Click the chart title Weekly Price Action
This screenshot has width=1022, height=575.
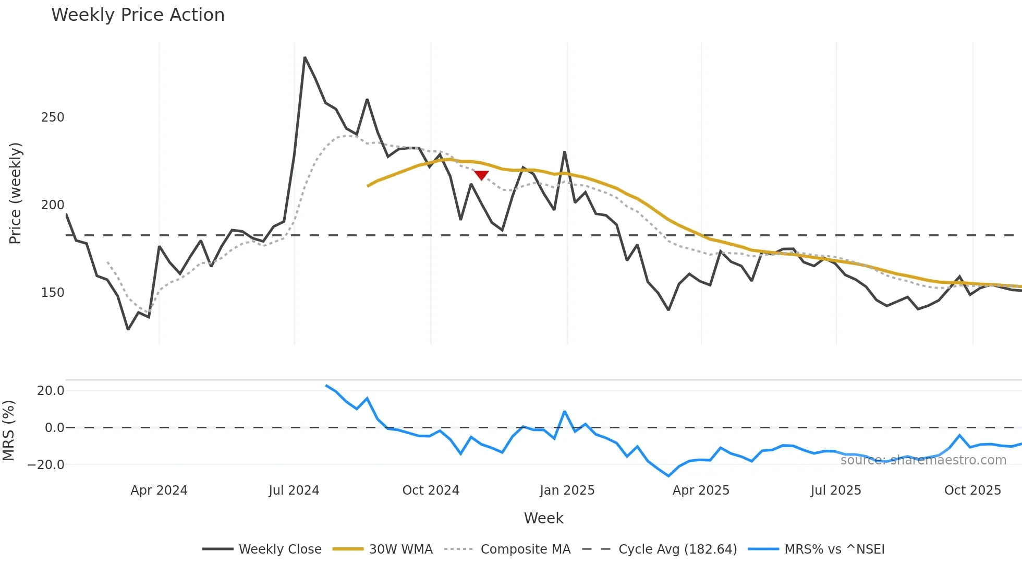[138, 15]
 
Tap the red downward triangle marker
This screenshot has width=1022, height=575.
[481, 175]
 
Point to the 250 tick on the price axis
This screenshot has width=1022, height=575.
[53, 117]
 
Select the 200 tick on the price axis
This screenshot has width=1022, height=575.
[53, 205]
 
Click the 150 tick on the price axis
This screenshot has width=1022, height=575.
[53, 293]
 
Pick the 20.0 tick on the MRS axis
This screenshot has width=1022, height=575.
[51, 391]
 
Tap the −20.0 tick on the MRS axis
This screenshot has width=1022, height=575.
[46, 465]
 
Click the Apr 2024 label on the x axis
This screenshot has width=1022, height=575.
[159, 490]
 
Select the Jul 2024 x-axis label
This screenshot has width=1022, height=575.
[294, 490]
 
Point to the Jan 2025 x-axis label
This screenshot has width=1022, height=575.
[567, 490]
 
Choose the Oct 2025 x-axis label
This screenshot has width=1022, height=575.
[972, 490]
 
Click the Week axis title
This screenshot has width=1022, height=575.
[543, 518]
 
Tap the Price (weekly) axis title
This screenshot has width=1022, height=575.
[15, 193]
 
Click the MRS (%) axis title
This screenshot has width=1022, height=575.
[8, 430]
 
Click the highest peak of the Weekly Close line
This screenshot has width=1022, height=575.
[305, 58]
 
